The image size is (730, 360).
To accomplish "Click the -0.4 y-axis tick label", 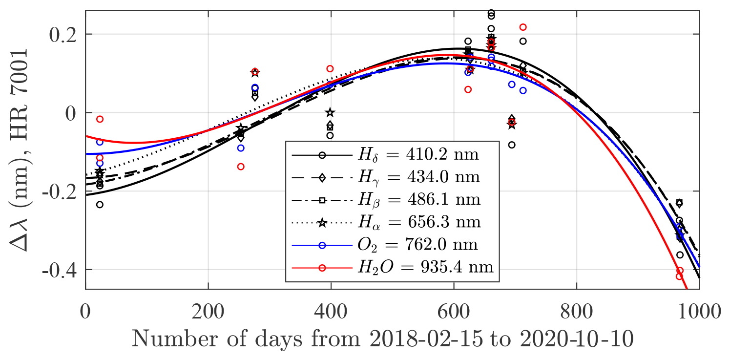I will click(61, 270).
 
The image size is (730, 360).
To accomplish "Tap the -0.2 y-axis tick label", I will click(61, 191).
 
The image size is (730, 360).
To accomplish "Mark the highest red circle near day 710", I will click(523, 27).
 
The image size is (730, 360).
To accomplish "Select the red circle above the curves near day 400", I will click(330, 69).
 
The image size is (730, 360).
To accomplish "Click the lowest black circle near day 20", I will click(100, 205).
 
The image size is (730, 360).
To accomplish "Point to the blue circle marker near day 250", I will click(241, 148).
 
